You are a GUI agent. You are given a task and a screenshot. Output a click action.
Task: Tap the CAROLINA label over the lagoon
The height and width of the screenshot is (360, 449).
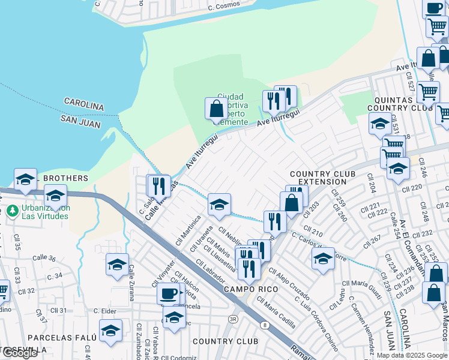tap(84, 105)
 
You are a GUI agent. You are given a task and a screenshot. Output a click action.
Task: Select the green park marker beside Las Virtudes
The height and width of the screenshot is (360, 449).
tap(12, 211)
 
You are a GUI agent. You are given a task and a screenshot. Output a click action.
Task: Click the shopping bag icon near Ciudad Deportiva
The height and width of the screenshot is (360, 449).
tap(215, 110)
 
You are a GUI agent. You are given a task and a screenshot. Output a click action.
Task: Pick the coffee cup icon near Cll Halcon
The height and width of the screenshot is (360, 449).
tap(168, 293)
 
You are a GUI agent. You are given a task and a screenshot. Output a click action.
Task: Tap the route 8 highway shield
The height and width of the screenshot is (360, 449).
tap(264, 325)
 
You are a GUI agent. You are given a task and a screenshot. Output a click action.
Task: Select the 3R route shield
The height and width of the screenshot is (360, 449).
tap(233, 319)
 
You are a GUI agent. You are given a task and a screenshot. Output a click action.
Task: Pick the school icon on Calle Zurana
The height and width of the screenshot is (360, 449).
tap(117, 264)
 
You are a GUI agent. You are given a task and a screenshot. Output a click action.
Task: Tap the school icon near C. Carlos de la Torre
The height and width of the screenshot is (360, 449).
tap(323, 259)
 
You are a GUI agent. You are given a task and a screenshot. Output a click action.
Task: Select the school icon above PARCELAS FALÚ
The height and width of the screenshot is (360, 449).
tap(110, 330)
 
